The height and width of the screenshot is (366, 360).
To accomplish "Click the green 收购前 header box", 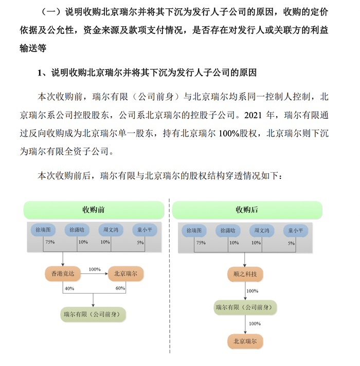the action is pyautogui.click(x=94, y=210).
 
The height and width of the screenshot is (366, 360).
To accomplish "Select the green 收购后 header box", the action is pyautogui.click(x=247, y=210).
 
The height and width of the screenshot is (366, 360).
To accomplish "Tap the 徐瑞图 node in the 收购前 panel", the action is pyautogui.click(x=43, y=230).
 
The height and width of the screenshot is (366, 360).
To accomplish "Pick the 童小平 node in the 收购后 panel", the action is pyautogui.click(x=296, y=231).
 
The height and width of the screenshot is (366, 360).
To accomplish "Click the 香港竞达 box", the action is pyautogui.click(x=63, y=273).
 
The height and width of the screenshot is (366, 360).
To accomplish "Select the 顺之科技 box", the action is pyautogui.click(x=245, y=274).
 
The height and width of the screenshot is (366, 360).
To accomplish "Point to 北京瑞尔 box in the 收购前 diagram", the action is pyautogui.click(x=125, y=273).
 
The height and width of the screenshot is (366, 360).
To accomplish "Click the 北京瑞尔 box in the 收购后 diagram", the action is pyautogui.click(x=245, y=341).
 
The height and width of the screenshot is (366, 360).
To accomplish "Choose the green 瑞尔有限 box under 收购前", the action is pyautogui.click(x=93, y=315).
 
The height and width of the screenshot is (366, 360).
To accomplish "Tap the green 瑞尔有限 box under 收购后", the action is pyautogui.click(x=245, y=307).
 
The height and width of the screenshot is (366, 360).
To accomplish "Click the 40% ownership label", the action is pyautogui.click(x=69, y=288).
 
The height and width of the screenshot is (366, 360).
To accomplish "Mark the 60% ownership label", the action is pyautogui.click(x=120, y=288).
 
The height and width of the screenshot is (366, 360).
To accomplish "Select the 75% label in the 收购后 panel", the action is pyautogui.click(x=201, y=243).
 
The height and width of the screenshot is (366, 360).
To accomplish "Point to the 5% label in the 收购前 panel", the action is pyautogui.click(x=140, y=243).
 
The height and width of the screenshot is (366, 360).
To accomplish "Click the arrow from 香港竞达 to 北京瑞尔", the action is pyautogui.click(x=94, y=273).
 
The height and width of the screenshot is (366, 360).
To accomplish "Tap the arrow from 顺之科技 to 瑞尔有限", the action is pyautogui.click(x=245, y=291).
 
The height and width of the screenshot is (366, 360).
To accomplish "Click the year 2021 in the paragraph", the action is pyautogui.click(x=253, y=115).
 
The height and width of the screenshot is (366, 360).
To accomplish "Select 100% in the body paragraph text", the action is pyautogui.click(x=229, y=133).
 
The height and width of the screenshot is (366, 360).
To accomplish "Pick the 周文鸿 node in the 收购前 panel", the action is pyautogui.click(x=111, y=230).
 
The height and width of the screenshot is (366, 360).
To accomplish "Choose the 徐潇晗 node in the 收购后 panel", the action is pyautogui.click(x=228, y=231).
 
